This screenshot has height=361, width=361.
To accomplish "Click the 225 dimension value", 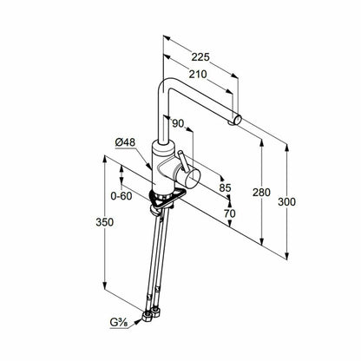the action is (200, 57).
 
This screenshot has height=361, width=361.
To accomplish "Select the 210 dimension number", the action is (198, 75).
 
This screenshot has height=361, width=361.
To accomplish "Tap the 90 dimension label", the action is (178, 123).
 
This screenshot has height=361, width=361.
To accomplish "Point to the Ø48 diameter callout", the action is (125, 142).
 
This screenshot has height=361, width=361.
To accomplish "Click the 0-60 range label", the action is (121, 196).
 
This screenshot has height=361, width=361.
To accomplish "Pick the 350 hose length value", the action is (105, 222).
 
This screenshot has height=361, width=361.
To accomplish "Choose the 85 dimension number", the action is (225, 188).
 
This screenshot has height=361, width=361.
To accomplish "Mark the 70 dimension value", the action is (229, 213).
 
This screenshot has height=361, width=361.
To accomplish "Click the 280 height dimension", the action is (261, 193).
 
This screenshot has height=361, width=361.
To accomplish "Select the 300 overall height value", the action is (286, 201).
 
